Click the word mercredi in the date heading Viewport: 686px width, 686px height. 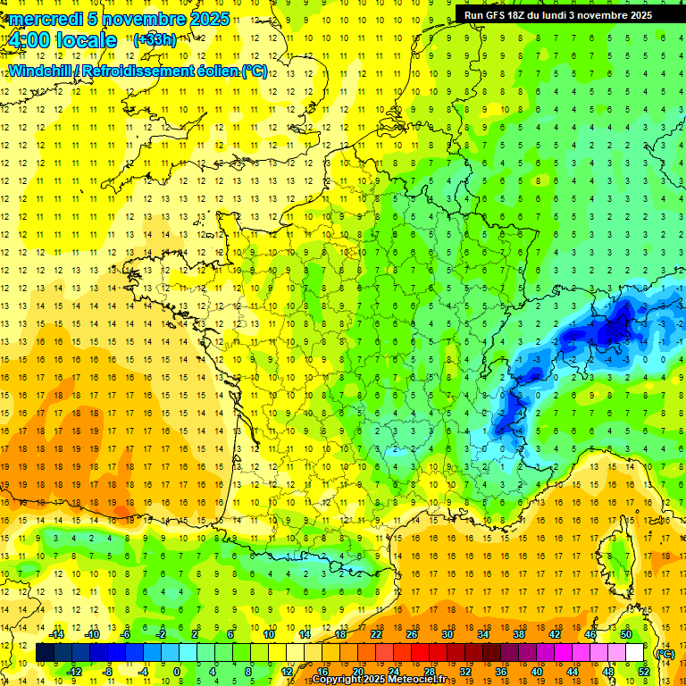pyautogui.click(x=43, y=19)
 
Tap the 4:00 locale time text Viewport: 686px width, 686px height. pyautogui.click(x=62, y=40)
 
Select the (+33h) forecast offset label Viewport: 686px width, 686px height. pyautogui.click(x=155, y=39)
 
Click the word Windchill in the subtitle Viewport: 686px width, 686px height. pyautogui.click(x=39, y=71)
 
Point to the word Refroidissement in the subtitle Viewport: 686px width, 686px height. pyautogui.click(x=158, y=71)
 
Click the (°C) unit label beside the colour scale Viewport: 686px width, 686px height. pyautogui.click(x=665, y=653)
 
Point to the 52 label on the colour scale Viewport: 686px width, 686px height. pyautogui.click(x=643, y=672)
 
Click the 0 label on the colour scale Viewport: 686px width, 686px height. pyautogui.click(x=177, y=672)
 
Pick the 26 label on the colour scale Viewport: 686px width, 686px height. pyautogui.click(x=412, y=634)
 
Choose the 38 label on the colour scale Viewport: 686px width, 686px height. pyautogui.click(x=519, y=634)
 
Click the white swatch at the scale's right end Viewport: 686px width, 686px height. pyautogui.click(x=635, y=653)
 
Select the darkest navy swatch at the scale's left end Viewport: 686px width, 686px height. pyautogui.click(x=45, y=653)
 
